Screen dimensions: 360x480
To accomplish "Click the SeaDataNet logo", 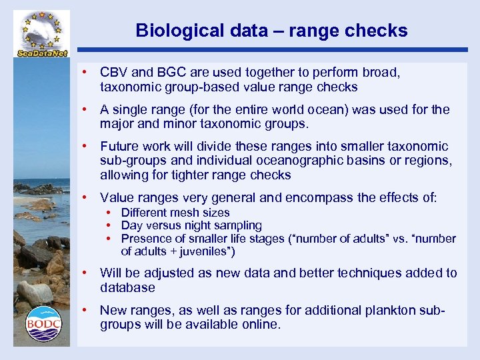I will coord(43,33).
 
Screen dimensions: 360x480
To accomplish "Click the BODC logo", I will coord(43,324).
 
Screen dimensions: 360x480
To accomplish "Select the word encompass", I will coord(315,197).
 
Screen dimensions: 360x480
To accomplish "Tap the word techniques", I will coord(374,273).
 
